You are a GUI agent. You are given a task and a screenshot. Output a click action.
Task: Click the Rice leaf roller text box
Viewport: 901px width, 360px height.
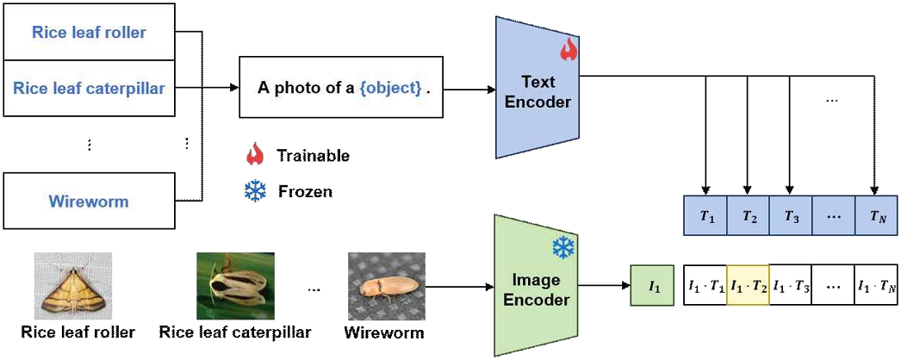click(x=89, y=33)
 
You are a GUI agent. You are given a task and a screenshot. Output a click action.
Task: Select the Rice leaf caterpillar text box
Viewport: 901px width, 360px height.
click(x=89, y=87)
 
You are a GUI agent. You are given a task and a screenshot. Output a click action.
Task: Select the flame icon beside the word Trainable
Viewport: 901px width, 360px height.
click(x=255, y=155)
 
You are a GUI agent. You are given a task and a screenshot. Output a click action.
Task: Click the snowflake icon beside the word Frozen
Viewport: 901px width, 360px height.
click(x=255, y=191)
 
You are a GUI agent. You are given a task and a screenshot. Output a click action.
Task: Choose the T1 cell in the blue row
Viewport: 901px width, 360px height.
click(x=706, y=217)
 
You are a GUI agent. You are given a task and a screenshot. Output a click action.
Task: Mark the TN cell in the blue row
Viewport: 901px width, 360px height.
click(x=876, y=217)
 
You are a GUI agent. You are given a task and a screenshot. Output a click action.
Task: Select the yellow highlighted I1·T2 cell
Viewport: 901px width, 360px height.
click(x=748, y=285)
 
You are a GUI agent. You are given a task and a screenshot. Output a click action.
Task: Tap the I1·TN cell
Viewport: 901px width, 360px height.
click(x=876, y=285)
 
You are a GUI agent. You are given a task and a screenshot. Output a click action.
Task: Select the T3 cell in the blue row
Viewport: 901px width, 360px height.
click(x=790, y=217)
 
